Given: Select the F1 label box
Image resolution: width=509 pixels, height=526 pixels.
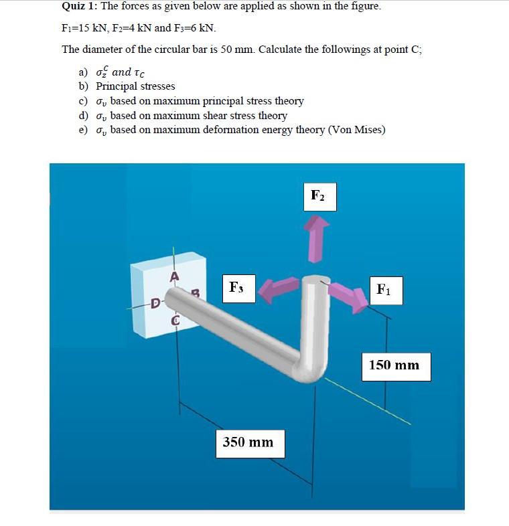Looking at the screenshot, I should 384,290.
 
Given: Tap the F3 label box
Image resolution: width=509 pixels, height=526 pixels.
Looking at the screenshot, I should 236,288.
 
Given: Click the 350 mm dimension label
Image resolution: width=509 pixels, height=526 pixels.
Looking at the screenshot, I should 249,442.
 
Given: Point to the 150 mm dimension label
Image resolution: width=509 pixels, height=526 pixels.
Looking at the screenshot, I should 395,365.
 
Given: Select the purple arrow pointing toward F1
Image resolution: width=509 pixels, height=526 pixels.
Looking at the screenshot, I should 350,296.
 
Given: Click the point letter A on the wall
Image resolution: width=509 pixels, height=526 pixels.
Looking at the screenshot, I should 174,276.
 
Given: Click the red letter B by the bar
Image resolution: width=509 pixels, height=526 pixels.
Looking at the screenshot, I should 196,292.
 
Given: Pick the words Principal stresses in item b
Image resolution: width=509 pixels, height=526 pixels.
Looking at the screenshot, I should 135,86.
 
